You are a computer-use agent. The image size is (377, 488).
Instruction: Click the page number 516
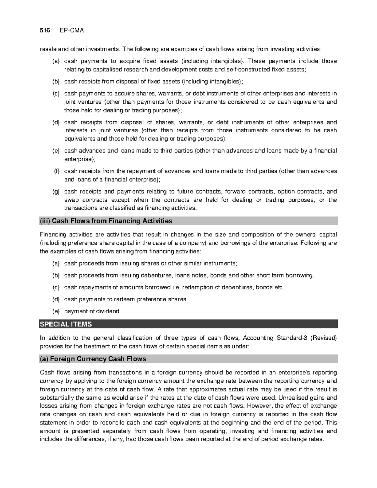[45, 30]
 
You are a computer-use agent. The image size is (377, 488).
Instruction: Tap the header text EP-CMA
[72, 30]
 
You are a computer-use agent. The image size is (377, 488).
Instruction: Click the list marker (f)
[56, 171]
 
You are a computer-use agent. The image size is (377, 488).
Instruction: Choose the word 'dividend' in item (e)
[108, 311]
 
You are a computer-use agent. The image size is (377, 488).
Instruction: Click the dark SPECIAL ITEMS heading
[66, 324]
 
